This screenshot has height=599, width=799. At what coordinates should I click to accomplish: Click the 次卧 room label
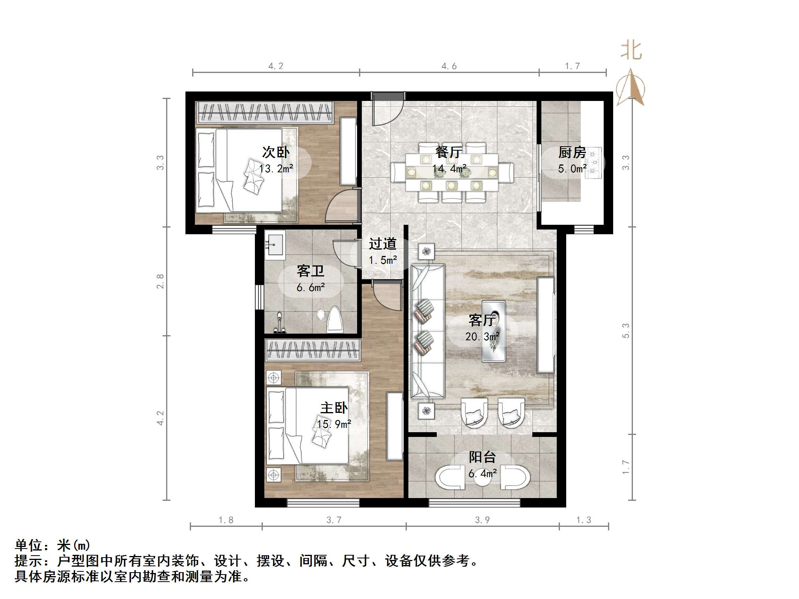point(276,152)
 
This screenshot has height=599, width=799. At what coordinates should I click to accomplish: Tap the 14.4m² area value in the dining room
point(449,169)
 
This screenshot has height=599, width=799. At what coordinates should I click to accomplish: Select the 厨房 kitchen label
point(572,152)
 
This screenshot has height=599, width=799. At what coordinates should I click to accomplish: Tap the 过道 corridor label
point(382,244)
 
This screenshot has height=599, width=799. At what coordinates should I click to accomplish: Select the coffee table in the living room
point(494,331)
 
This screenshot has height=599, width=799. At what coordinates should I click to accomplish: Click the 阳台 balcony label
point(482,457)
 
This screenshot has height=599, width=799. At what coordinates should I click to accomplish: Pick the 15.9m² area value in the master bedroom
point(334,424)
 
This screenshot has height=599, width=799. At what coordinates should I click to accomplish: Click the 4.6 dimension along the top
point(449,66)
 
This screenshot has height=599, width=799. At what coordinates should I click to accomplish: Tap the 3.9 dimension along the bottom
point(482,520)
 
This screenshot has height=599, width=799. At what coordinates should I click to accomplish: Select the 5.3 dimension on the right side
point(626,330)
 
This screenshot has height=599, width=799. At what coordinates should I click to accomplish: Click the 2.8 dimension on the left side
point(160,281)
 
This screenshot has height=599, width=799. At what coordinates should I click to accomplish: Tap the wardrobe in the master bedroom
point(313,350)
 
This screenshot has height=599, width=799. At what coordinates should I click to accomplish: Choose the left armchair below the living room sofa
point(474,412)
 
